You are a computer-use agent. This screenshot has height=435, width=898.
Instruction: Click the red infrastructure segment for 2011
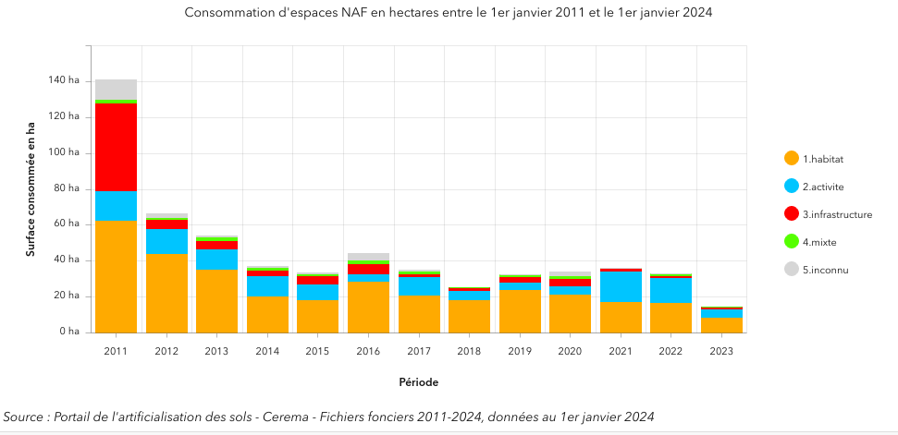point(116,148)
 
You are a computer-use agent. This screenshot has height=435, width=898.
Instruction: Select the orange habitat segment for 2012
point(166,293)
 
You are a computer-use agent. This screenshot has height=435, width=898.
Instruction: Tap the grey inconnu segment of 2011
point(116,90)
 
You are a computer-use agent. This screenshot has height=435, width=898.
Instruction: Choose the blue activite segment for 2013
point(217,260)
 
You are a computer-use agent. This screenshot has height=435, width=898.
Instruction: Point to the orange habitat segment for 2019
point(521,311)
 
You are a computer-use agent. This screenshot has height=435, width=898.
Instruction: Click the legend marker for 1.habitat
point(792,159)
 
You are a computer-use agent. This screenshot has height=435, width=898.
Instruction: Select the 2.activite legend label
point(823,187)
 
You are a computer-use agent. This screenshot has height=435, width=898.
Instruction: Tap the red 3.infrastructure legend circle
point(792,214)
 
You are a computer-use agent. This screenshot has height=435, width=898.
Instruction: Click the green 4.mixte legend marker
point(792,242)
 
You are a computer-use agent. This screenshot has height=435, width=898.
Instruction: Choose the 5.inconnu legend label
point(825,270)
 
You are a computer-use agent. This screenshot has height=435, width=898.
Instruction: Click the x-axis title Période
point(419,382)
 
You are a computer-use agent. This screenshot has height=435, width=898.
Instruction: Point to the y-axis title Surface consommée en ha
point(30,189)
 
